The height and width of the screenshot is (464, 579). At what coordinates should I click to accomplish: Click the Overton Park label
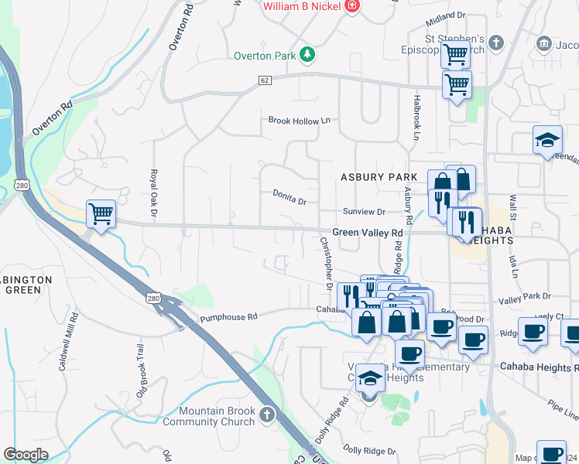coord(264,56)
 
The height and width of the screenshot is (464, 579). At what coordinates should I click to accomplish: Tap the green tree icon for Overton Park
coord(307,54)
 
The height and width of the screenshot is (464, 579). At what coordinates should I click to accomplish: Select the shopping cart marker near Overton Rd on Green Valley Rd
coord(101,214)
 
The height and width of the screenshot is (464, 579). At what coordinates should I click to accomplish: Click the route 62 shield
coord(265,80)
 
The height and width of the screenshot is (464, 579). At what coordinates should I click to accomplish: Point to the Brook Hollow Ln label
coord(299,121)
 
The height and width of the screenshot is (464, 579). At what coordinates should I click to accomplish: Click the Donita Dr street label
coord(289,198)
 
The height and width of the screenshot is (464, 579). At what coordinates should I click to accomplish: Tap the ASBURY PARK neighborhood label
coord(379,177)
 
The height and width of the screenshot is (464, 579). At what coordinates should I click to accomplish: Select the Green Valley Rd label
coord(368,232)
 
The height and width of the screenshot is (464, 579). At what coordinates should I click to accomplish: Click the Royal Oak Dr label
coord(154,193)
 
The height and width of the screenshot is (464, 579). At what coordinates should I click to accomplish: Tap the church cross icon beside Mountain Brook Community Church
coord(267,415)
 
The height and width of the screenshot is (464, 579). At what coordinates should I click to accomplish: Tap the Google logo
coord(26,455)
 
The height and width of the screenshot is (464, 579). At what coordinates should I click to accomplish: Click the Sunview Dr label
coord(364,212)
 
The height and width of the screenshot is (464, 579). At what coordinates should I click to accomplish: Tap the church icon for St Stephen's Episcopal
coord(497,43)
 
